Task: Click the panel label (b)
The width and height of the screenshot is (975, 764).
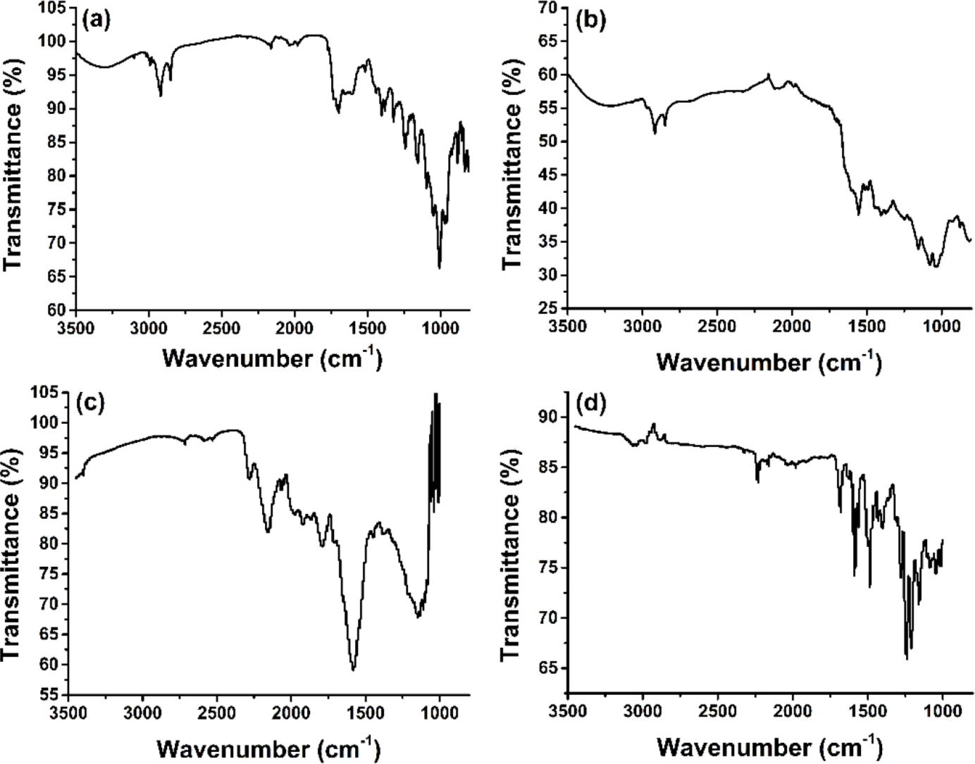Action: [590, 20]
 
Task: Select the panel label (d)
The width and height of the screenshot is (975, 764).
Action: [590, 403]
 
